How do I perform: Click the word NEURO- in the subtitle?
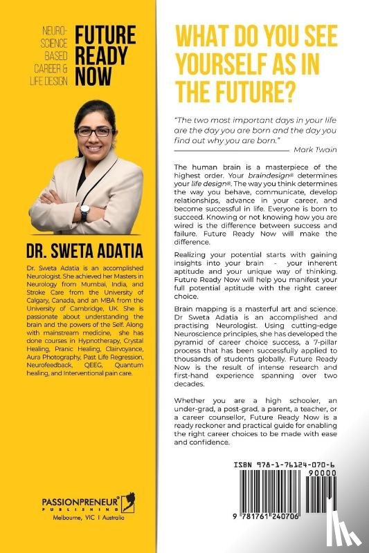coord(56,31)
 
